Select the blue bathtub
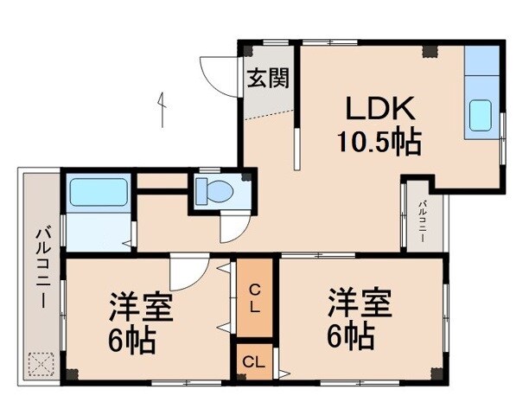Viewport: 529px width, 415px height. (99, 191)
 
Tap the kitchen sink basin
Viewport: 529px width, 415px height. (480, 114)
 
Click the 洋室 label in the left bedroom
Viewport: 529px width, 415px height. (141, 308)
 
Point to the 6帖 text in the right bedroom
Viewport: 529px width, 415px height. (350, 334)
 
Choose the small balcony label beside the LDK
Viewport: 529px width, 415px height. (423, 220)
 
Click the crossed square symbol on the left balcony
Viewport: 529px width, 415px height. (41, 363)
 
